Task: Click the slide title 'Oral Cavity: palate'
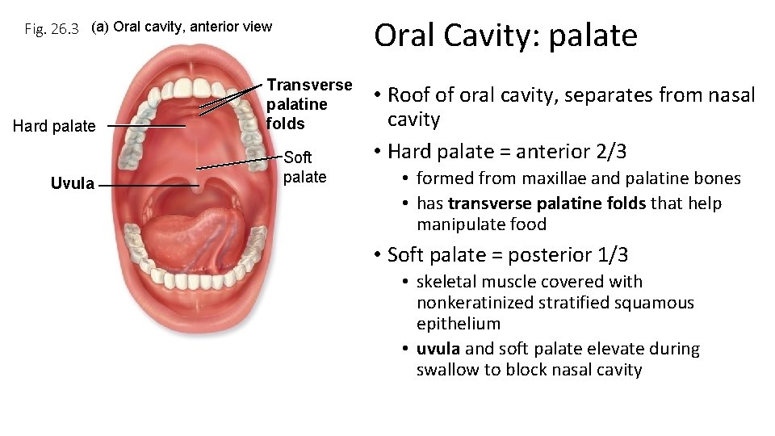pyautogui.click(x=505, y=36)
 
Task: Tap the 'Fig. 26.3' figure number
pyautogui.click(x=52, y=29)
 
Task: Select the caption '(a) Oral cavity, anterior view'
pyautogui.click(x=182, y=27)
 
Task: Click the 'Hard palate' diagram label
pyautogui.click(x=55, y=126)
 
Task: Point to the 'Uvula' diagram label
pyautogui.click(x=73, y=183)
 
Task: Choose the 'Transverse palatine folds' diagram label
pyautogui.click(x=309, y=104)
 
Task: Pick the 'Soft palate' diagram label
pyautogui.click(x=305, y=167)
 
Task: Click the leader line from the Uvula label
pyautogui.click(x=149, y=185)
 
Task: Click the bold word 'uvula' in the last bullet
pyautogui.click(x=438, y=349)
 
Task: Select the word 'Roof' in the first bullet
pyautogui.click(x=408, y=94)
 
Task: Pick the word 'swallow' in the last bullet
pyautogui.click(x=446, y=370)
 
